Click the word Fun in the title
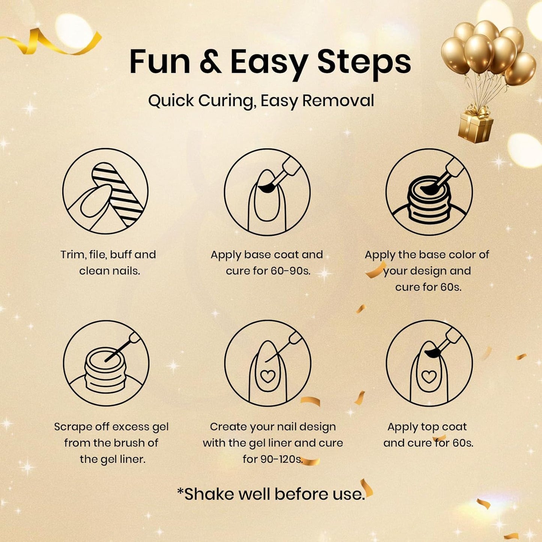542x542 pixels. pyautogui.click(x=159, y=62)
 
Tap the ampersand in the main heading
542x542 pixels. pyautogui.click(x=210, y=62)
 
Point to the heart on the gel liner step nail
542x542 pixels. pyautogui.click(x=267, y=376)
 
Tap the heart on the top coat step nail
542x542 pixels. pyautogui.click(x=429, y=376)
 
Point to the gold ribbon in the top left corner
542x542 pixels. pyautogui.click(x=51, y=42)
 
